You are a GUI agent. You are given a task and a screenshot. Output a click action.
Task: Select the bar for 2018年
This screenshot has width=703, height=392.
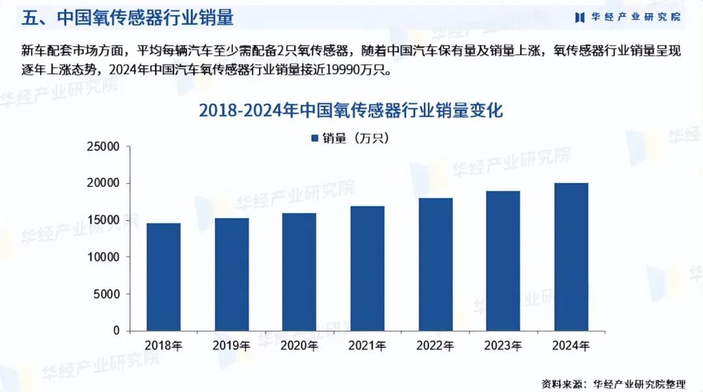tap(163, 277)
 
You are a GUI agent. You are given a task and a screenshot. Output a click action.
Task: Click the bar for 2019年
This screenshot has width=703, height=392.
tap(231, 274)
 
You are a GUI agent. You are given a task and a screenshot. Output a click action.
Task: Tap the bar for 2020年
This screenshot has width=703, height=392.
tap(299, 272)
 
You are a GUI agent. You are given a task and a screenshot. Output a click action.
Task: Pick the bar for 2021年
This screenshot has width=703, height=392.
tap(367, 268)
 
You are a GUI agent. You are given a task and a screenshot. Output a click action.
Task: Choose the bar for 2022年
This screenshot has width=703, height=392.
tap(435, 264)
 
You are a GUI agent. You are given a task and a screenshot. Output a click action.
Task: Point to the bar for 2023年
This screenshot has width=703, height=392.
tap(503, 260)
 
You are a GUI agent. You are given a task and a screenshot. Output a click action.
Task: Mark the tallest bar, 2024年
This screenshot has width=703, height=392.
tap(571, 257)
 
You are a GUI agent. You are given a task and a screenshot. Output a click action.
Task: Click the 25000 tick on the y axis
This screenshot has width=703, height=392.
tap(103, 147)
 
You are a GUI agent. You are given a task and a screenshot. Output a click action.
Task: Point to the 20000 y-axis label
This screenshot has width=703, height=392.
tap(103, 184)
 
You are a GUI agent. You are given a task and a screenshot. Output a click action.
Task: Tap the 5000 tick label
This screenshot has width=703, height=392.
tap(107, 294)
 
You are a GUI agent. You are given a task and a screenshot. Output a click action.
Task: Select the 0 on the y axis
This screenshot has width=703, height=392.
tap(117, 331)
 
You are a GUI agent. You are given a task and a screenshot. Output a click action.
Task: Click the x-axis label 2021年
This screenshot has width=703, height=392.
tap(367, 345)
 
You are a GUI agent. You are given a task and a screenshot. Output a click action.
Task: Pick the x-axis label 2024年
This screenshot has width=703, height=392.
tap(571, 345)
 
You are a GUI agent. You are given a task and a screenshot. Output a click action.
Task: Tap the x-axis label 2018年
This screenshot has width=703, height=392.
tap(163, 345)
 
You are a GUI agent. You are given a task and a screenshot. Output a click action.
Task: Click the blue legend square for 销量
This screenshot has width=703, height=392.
tap(315, 138)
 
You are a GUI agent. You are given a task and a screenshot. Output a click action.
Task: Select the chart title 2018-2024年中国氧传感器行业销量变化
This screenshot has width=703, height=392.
tap(351, 111)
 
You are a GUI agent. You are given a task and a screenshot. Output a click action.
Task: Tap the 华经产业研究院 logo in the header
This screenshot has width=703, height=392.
tap(627, 17)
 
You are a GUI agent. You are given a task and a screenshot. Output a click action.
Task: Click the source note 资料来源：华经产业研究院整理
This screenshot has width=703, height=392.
tap(613, 384)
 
